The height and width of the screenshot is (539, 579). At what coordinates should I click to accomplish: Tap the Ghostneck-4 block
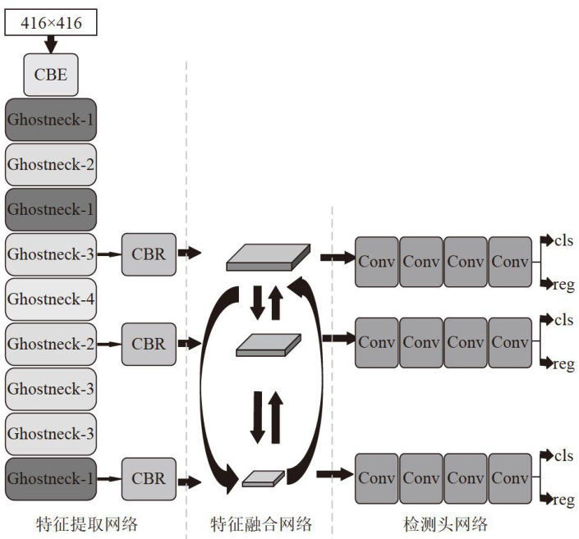[x=51, y=299]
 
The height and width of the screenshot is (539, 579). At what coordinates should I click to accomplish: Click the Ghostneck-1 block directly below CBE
[x=51, y=119]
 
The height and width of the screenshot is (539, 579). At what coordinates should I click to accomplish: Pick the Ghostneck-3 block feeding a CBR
[x=51, y=254]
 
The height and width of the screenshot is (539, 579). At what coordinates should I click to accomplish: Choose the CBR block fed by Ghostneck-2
[x=149, y=344]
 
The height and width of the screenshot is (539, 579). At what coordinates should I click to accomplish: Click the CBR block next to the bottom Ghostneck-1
[x=149, y=478]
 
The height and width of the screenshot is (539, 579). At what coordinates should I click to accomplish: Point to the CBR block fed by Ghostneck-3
[x=149, y=254]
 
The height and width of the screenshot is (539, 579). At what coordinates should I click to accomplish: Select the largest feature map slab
[x=269, y=257]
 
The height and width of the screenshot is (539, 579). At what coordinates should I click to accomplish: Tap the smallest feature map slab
[x=264, y=477]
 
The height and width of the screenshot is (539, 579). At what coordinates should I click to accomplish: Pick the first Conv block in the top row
[x=377, y=262]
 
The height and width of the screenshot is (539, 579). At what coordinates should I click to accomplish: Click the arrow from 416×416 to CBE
[x=51, y=43]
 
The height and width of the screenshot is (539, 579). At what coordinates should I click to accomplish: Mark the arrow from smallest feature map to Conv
[x=332, y=473]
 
